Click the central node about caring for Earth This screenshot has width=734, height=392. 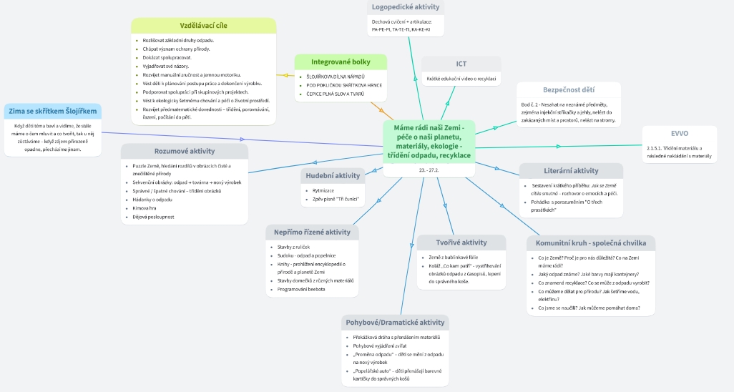(x=429, y=141)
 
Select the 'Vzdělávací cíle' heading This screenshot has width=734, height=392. (x=203, y=25)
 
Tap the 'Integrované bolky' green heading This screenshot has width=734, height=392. (x=341, y=62)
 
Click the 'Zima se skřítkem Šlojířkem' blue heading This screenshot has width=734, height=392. (x=52, y=111)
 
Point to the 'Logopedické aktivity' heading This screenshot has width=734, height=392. (x=406, y=7)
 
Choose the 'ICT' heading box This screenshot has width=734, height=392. (x=461, y=64)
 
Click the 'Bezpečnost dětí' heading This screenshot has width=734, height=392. (x=569, y=90)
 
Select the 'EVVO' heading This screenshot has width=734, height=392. (x=679, y=133)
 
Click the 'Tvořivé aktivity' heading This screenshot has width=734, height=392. (x=461, y=242)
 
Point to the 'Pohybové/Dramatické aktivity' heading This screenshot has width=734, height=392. (x=395, y=323)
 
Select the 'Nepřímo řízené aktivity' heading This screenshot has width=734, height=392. (x=312, y=232)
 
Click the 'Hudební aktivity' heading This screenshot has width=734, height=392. (x=333, y=175)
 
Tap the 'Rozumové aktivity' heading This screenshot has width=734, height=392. (x=185, y=151)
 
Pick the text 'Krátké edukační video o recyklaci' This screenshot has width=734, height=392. (x=461, y=79)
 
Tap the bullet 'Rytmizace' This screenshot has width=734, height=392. (x=323, y=190)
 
